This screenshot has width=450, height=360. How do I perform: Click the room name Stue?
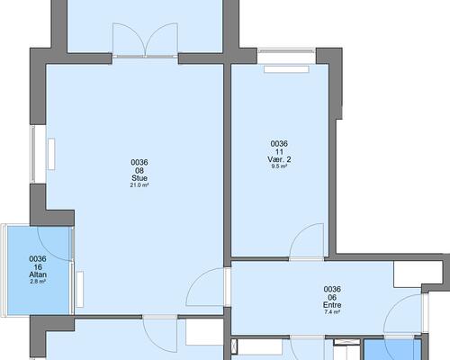(139, 178)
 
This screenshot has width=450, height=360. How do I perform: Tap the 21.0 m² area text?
(139, 185)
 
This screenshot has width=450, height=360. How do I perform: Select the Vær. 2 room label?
(279, 159)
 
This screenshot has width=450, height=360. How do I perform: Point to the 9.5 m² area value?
(279, 166)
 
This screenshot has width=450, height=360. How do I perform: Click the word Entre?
(332, 305)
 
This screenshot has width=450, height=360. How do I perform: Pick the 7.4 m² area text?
(332, 312)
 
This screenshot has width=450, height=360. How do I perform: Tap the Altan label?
(38, 274)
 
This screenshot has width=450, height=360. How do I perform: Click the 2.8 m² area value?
(38, 282)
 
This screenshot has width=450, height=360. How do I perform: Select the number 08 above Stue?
(139, 170)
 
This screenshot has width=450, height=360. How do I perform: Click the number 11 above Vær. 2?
(279, 152)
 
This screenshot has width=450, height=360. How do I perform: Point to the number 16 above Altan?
(38, 267)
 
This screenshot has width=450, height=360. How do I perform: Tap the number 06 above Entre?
(332, 297)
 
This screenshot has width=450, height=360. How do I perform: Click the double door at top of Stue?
(145, 40)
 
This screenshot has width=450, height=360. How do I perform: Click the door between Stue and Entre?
(206, 287)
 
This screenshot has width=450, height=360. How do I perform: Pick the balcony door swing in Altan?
(55, 244)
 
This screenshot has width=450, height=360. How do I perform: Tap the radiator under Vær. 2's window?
(286, 69)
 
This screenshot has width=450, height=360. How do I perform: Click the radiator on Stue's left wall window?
(51, 154)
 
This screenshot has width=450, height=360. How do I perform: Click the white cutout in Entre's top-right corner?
(417, 274)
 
